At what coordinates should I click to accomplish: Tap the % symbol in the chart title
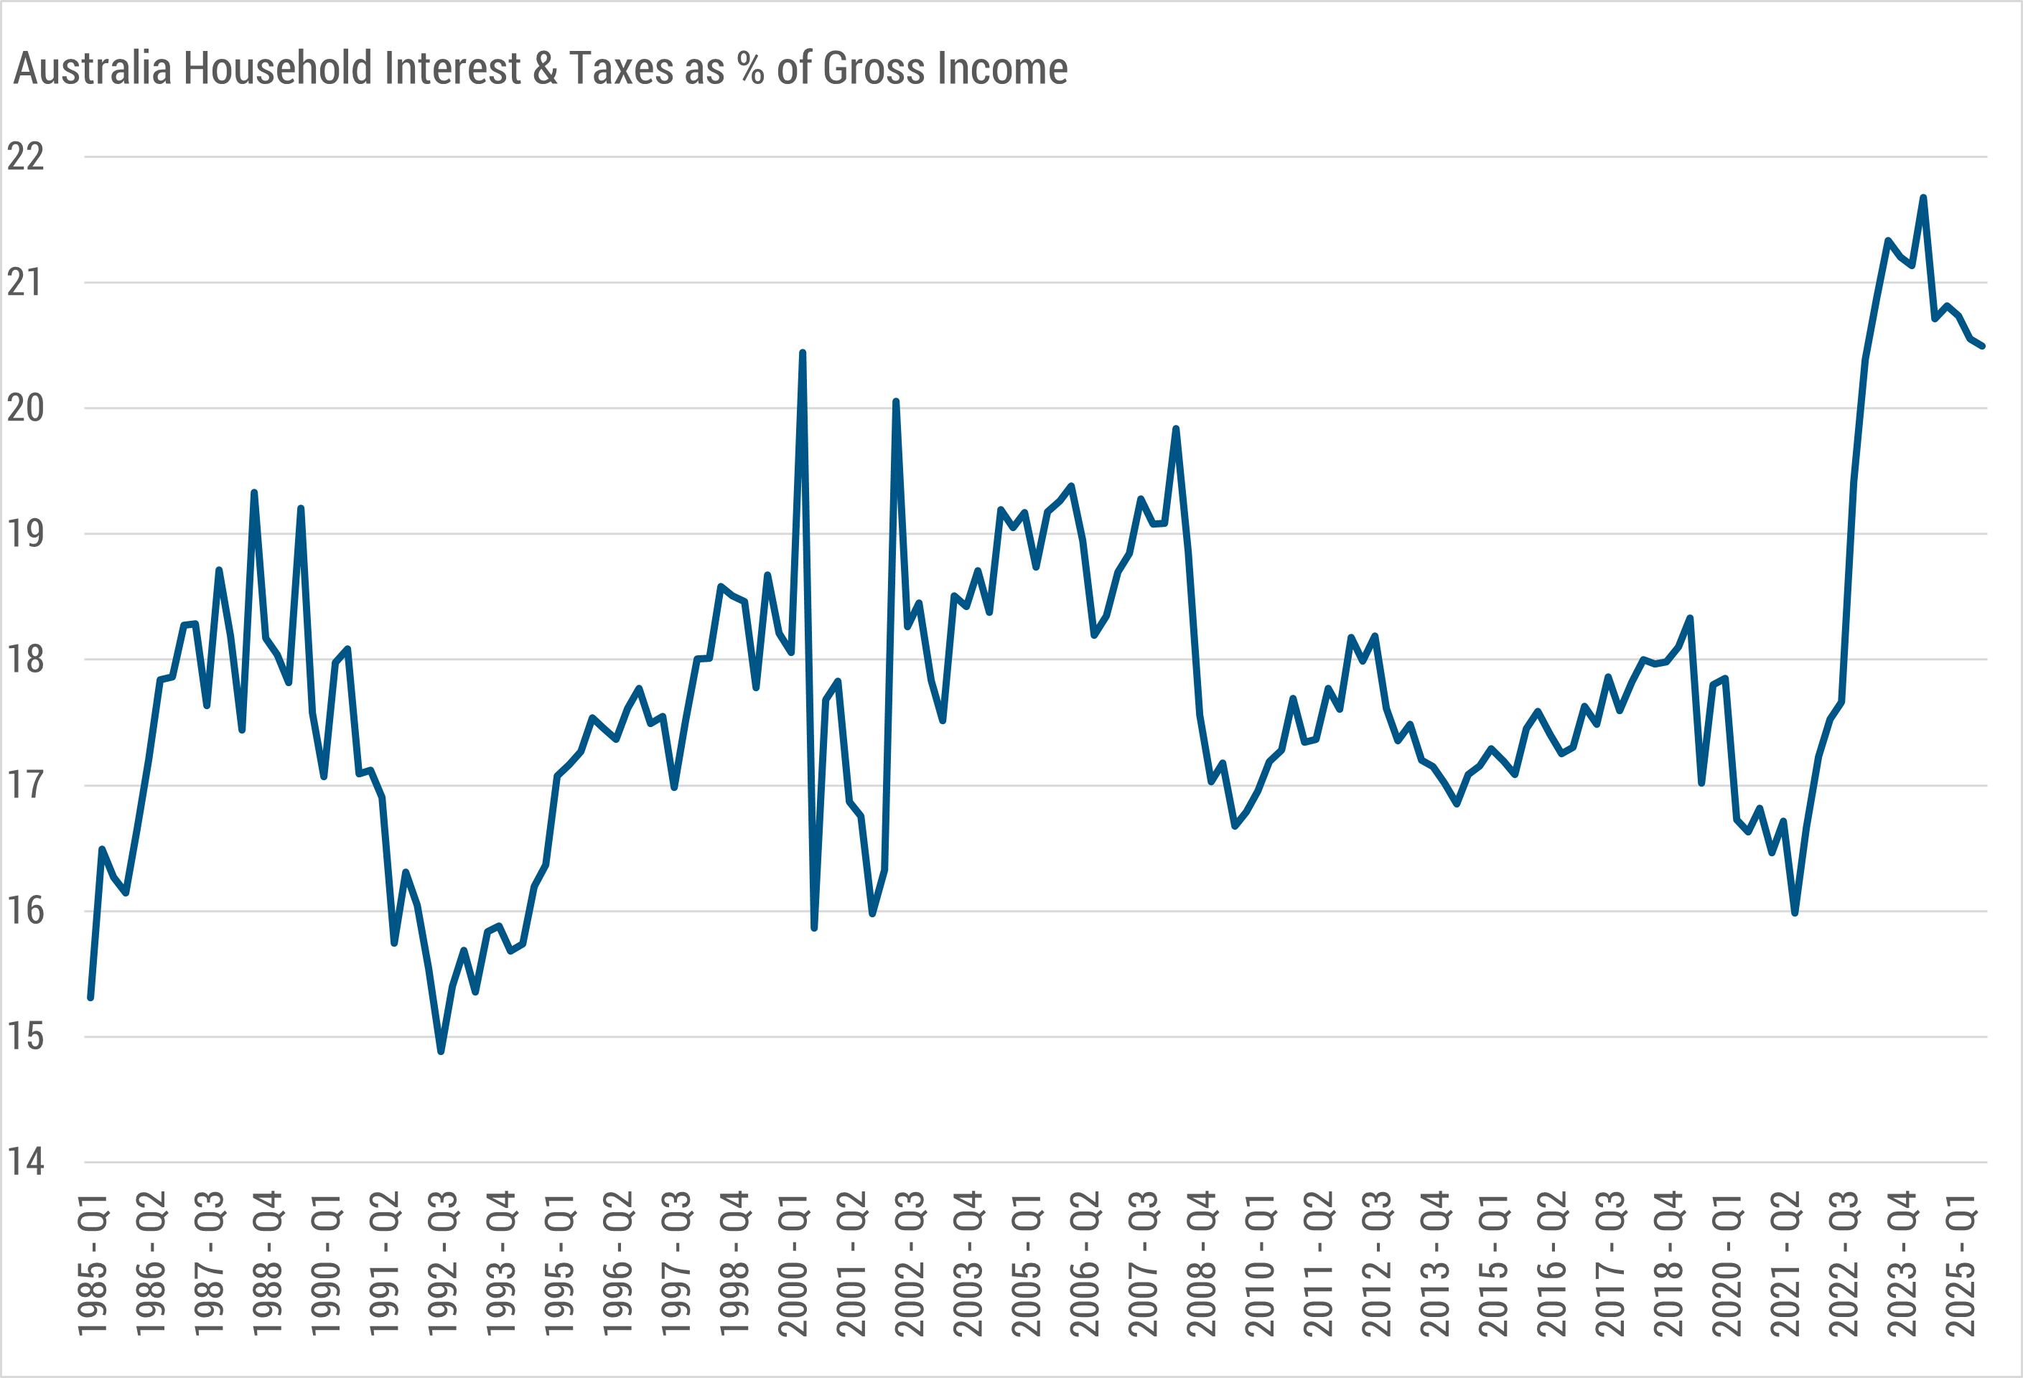[749, 69]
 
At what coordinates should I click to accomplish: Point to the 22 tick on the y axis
[25, 158]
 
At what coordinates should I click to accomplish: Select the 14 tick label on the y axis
[25, 1162]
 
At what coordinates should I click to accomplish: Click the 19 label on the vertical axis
[25, 533]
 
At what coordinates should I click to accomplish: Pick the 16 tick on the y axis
[25, 911]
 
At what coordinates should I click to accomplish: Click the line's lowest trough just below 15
[441, 1051]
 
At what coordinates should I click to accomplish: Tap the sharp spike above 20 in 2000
[803, 352]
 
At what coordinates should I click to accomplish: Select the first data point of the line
[90, 998]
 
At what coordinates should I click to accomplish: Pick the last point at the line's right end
[1982, 347]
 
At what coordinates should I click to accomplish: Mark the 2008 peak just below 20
[1176, 428]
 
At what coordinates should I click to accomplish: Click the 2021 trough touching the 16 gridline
[1795, 912]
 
